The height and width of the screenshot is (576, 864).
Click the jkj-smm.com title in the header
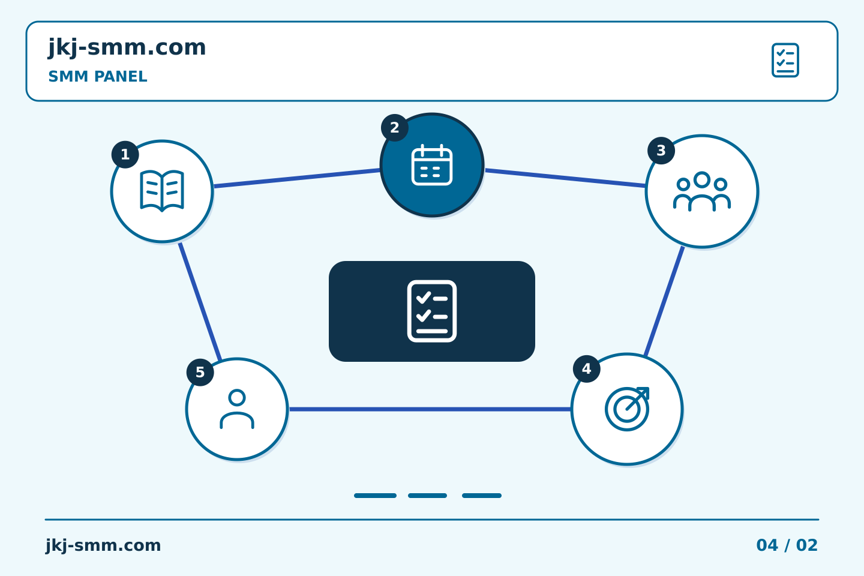127,48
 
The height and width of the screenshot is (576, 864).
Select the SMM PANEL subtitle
98,76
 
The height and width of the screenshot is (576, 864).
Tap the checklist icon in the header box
785,60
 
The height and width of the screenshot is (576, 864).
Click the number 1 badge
125,155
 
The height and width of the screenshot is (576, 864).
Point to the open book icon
162,191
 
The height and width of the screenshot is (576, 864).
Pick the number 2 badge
395,128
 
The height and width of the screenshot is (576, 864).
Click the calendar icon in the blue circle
432,165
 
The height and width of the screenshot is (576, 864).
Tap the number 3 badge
661,151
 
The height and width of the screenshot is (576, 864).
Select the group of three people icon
702,191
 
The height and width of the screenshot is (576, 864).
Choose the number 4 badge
587,369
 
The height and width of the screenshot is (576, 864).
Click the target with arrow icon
627,409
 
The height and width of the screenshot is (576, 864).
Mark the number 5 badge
200,372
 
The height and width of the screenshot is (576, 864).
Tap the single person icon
237,409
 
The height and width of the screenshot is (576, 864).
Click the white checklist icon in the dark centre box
432,311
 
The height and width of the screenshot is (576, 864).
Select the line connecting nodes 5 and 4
430,409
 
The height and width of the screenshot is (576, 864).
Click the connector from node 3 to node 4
664,302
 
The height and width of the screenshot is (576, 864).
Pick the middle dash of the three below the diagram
427,496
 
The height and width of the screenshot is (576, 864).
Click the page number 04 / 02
787,545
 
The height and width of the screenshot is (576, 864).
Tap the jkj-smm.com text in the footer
103,545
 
